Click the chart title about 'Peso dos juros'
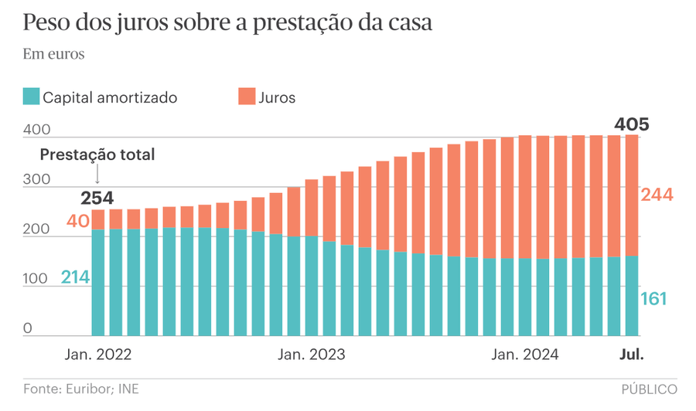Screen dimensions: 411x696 pos(227,23)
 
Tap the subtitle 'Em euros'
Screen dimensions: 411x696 pos(53,55)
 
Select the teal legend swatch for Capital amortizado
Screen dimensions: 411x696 pos(31,97)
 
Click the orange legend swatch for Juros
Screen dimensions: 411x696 pos(247,97)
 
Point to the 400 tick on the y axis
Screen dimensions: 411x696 pos(37,131)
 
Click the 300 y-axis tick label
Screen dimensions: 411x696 pos(37,180)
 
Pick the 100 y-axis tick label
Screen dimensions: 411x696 pos(36,279)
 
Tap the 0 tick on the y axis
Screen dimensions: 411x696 pos(28,328)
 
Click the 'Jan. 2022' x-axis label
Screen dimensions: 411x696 pos(97,355)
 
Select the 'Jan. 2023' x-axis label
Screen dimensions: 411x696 pos(312,355)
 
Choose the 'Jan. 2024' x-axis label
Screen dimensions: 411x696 pos(526,355)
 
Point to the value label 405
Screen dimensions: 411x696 pos(631,124)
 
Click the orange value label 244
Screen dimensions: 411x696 pos(657,195)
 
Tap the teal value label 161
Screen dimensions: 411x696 pos(653,299)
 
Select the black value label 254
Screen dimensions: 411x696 pos(97,197)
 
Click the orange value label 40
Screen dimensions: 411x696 pos(77,221)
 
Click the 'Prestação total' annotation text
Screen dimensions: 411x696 pos(97,155)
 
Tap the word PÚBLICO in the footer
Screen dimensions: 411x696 pos(649,389)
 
